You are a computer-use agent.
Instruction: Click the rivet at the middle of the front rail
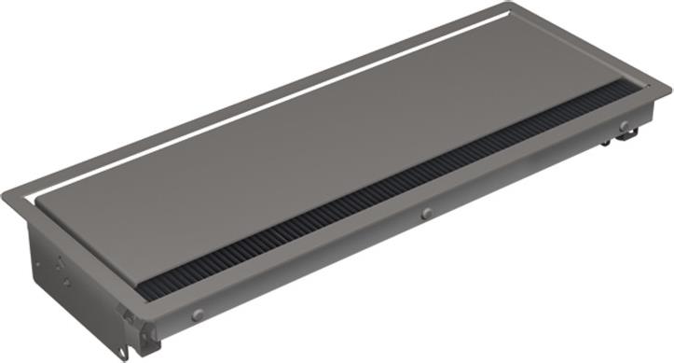426,214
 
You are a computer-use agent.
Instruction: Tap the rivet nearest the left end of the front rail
198,315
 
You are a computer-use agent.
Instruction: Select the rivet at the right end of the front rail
623,126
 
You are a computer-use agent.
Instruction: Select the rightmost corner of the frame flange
670,90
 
